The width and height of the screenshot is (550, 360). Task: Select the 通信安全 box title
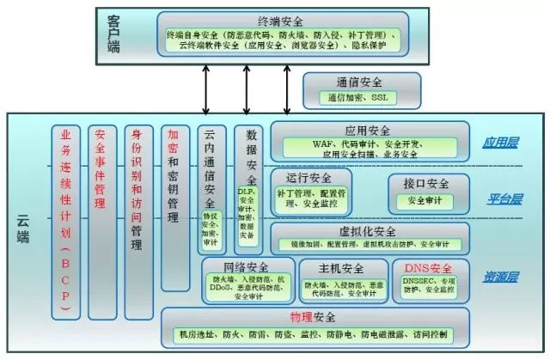click(361, 83)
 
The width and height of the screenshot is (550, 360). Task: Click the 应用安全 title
click(370, 130)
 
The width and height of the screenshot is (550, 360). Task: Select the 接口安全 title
click(426, 183)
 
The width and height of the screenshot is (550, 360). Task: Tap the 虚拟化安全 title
click(367, 232)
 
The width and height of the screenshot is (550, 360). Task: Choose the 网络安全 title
click(246, 267)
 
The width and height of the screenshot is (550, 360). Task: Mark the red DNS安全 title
click(428, 267)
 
